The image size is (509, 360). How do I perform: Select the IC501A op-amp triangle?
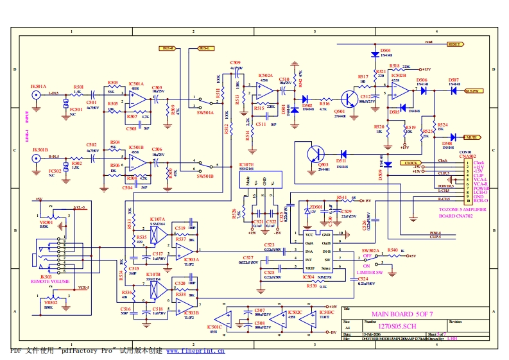[137, 98]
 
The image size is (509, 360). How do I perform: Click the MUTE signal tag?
[470, 137]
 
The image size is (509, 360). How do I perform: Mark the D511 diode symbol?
[343, 154]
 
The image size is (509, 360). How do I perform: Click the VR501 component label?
[47, 222]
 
